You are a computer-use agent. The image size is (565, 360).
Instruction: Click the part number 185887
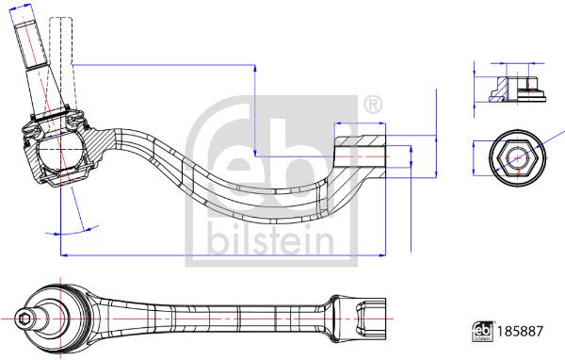coord(520,331)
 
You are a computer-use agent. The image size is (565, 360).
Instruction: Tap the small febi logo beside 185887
coord(482,331)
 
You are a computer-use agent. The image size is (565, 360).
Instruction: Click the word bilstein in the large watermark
coord(270,240)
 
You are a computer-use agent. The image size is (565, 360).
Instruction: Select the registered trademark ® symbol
coord(373,105)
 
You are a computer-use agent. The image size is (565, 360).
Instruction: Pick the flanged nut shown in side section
coord(517,89)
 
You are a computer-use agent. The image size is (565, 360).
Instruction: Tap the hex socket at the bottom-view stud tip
coord(24,319)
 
